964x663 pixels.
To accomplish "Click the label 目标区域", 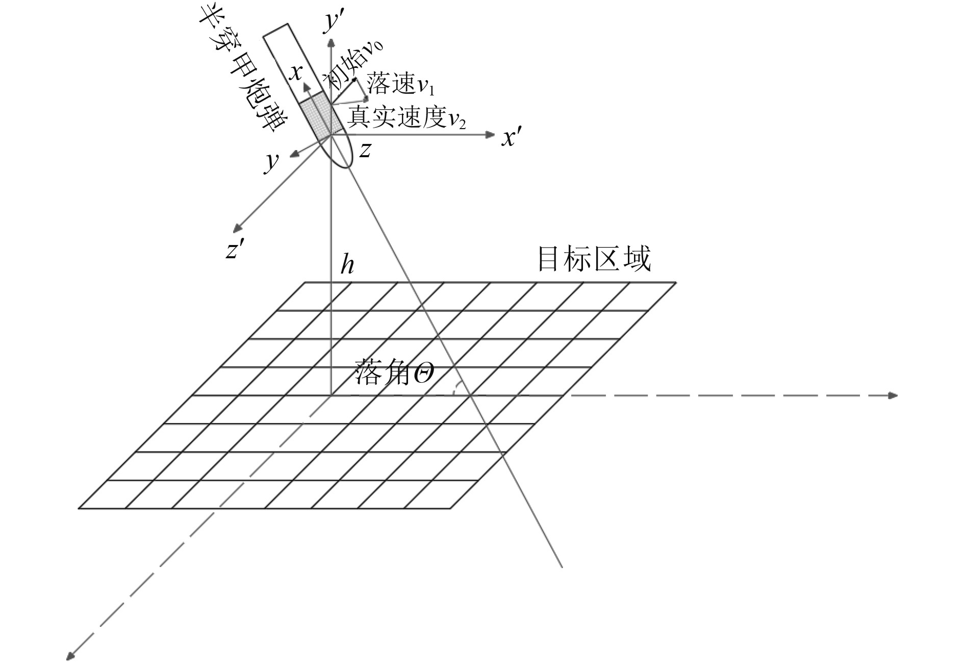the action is (x=594, y=259).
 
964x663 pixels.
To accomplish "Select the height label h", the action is (x=347, y=265).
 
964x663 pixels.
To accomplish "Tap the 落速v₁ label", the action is (x=401, y=84).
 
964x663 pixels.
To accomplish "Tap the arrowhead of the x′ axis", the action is (x=491, y=135).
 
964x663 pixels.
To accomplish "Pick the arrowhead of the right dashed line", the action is (x=893, y=395).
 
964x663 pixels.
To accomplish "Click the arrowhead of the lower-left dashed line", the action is (x=70, y=655).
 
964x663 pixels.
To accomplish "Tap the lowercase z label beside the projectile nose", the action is (x=365, y=150).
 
